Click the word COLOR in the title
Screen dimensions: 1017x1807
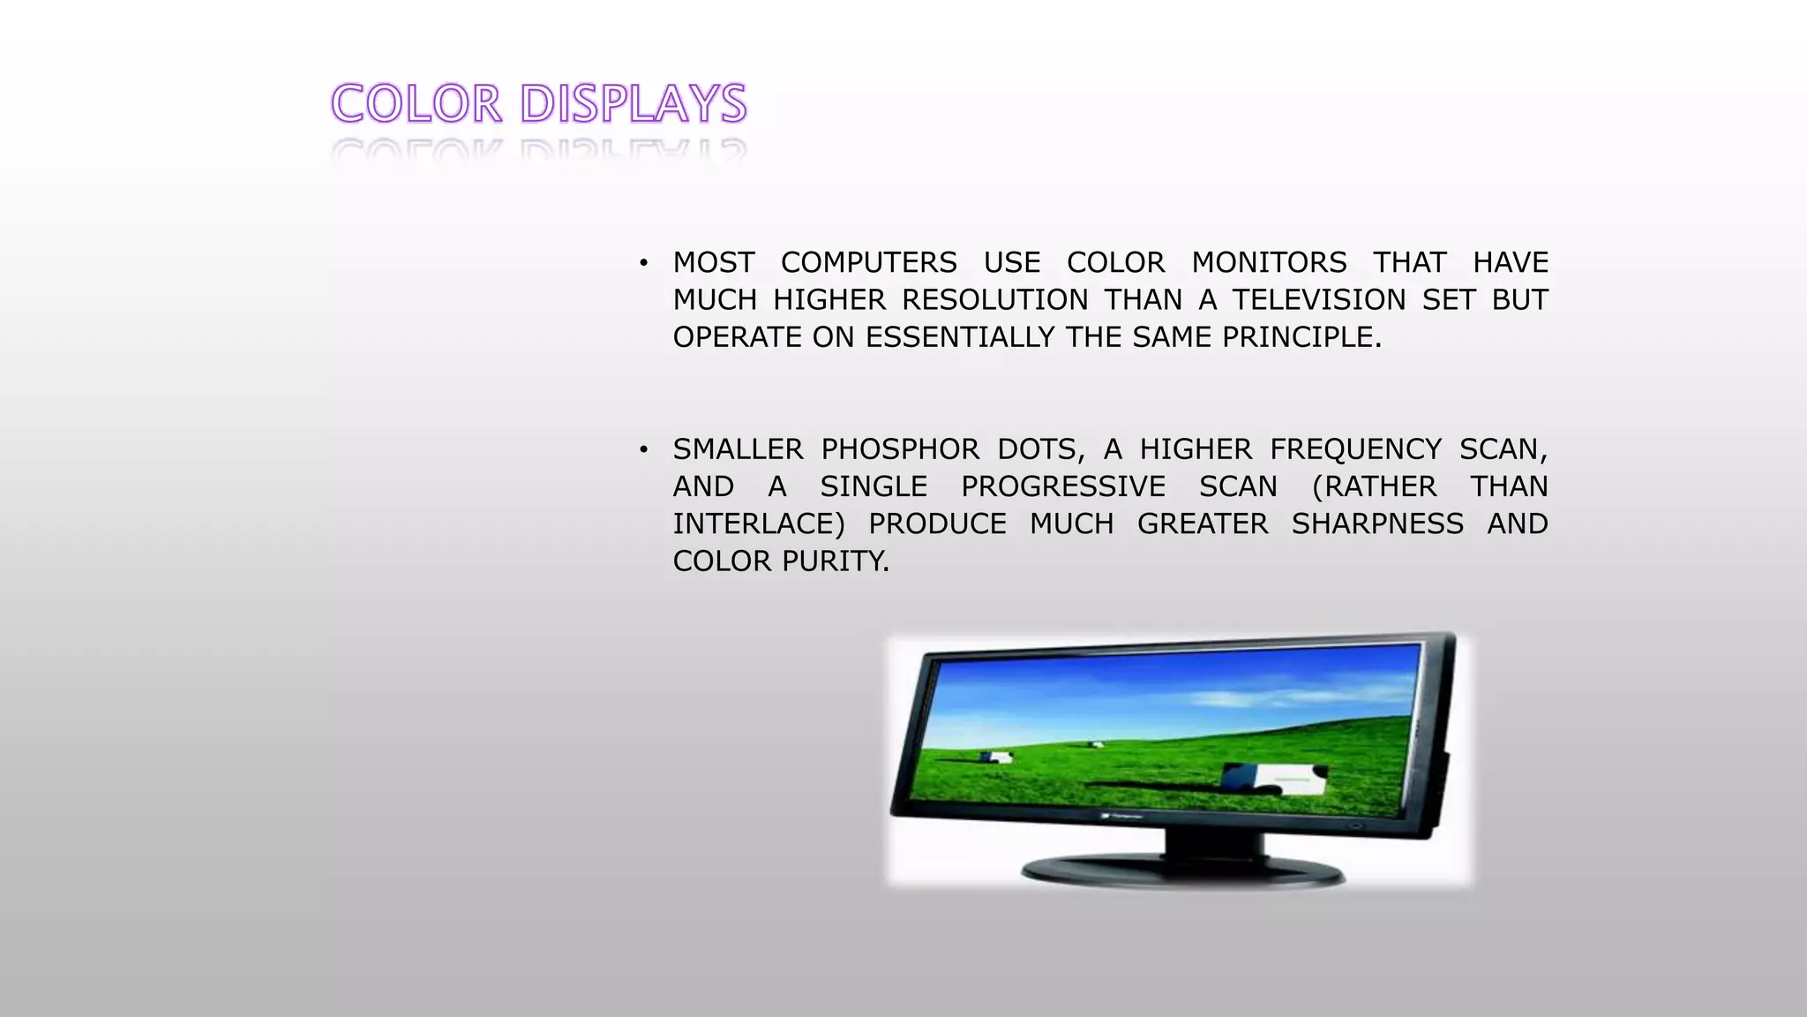tap(416, 104)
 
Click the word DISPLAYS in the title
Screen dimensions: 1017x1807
tap(634, 104)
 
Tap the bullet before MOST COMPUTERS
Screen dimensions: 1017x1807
tap(644, 263)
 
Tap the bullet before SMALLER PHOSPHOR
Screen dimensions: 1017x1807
tap(644, 450)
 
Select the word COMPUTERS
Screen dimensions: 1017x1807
tap(868, 263)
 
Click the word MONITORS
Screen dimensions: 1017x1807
tap(1269, 263)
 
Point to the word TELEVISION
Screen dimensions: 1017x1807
tap(1318, 300)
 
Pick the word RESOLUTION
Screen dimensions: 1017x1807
tap(994, 300)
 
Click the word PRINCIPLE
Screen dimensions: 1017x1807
tap(1301, 337)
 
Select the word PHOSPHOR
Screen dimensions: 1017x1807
tap(900, 450)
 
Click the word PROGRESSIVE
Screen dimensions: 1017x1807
tap(1063, 487)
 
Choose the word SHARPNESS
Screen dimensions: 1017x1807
tap(1377, 524)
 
